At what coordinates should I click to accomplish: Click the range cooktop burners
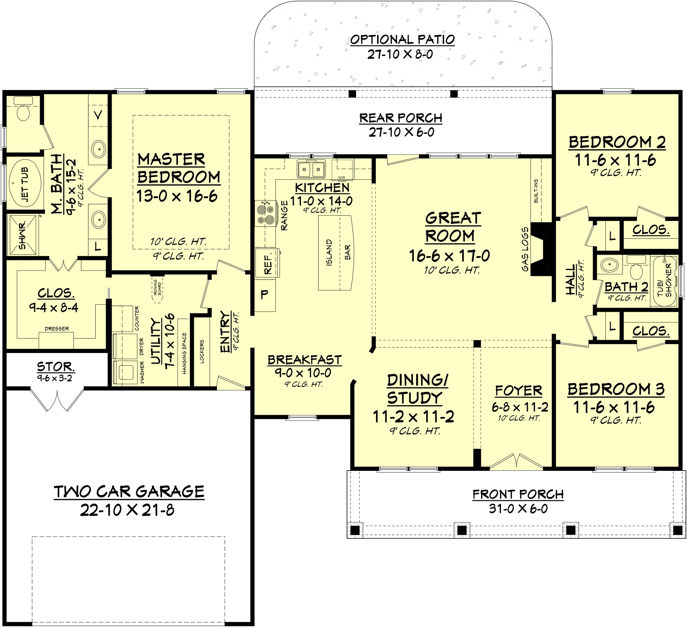[x=265, y=213]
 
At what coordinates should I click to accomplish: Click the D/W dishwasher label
[x=342, y=178]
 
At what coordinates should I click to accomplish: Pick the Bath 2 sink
[x=608, y=265]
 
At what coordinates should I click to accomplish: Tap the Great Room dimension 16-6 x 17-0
[x=449, y=256]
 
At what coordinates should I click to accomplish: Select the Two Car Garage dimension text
[x=127, y=510]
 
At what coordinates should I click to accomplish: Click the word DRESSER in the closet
[x=57, y=328]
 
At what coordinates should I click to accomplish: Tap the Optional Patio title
[x=402, y=39]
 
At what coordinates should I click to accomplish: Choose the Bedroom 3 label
[x=616, y=389]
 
